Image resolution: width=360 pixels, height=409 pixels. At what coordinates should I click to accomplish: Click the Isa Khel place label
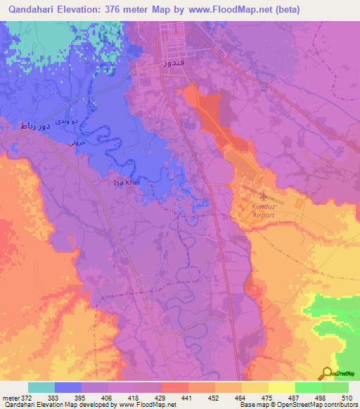point(127,183)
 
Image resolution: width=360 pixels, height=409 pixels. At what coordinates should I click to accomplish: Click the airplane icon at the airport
point(262,196)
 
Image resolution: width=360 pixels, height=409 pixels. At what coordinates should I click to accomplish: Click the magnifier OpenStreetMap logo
point(328,373)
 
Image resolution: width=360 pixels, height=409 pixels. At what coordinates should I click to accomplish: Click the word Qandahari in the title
point(32,9)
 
